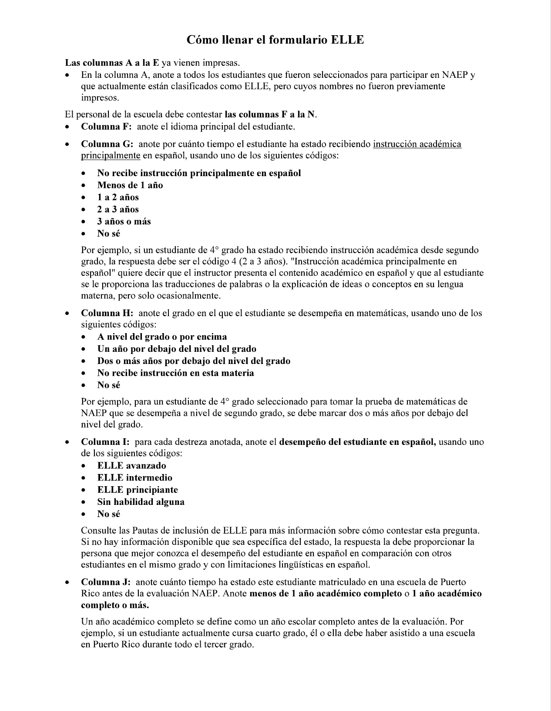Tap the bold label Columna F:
point(106,127)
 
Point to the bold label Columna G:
point(107,144)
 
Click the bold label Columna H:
point(107,313)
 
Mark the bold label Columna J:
point(106,582)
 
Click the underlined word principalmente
point(111,156)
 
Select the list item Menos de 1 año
point(130,185)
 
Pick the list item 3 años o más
point(124,221)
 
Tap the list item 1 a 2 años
point(118,197)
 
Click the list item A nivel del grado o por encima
point(162,337)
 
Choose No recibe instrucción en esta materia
point(175,373)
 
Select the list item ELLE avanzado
point(131,466)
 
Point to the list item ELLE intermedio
point(134,477)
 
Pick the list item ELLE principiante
point(138,490)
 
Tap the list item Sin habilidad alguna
point(141,502)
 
